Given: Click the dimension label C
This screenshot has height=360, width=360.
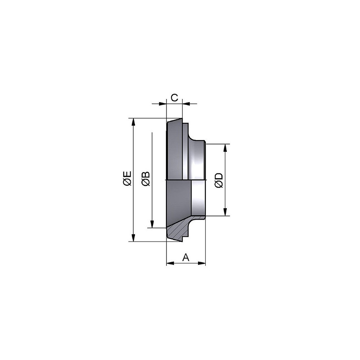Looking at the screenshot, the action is tap(175, 98).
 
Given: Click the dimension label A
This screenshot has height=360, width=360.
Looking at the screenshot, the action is tap(186, 257).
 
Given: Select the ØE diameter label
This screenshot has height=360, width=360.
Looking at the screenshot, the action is tap(127, 178).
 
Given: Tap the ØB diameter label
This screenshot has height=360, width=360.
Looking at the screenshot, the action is tap(146, 179).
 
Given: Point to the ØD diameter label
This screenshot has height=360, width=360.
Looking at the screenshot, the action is tap(219, 180).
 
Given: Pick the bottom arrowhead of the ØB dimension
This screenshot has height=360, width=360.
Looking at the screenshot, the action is tap(152, 224).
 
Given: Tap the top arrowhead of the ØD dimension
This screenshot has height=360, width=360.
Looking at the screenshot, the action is tap(225, 148).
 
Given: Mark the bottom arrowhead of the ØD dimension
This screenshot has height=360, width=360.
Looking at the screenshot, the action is tap(225, 212).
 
